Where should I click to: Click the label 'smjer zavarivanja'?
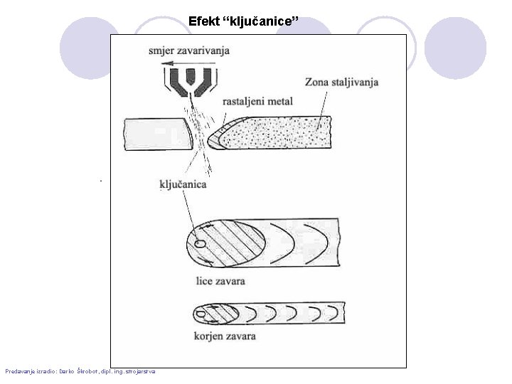189,50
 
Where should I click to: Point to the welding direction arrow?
186,63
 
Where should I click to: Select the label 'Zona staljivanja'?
341,82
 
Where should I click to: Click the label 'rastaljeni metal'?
257,102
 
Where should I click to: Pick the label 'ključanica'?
183,184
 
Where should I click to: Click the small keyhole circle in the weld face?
201,244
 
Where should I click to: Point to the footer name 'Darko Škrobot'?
80,371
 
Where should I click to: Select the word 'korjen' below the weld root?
211,334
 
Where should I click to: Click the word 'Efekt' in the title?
205,21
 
